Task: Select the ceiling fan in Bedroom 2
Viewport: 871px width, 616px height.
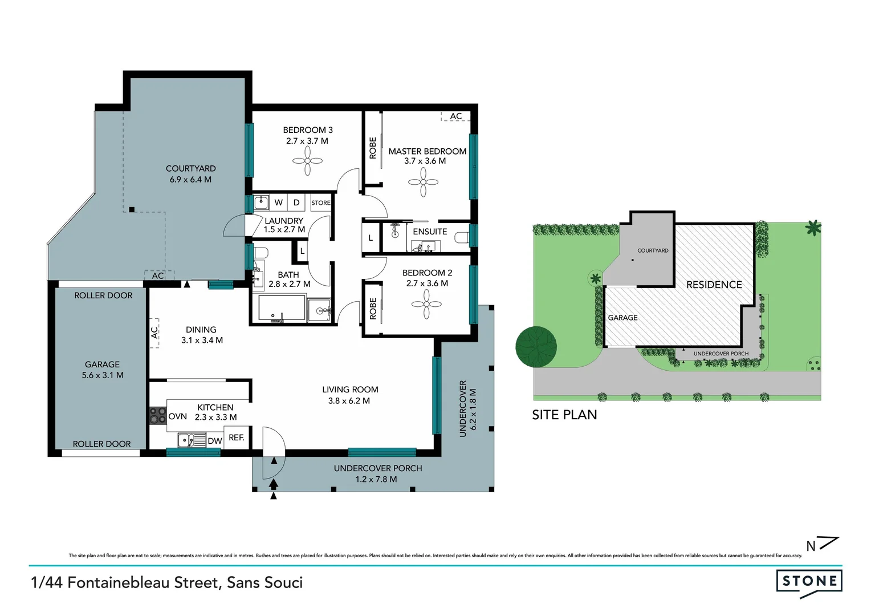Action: tap(426, 305)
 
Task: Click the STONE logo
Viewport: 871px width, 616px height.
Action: tap(809, 582)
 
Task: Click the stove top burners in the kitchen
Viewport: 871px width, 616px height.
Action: tap(158, 416)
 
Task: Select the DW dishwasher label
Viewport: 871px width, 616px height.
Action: tap(215, 441)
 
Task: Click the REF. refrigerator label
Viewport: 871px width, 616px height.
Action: tap(237, 437)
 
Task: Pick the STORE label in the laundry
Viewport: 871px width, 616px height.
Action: tap(321, 203)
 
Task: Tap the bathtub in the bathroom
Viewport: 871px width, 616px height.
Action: tap(282, 308)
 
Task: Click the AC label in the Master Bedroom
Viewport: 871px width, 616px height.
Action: tap(456, 116)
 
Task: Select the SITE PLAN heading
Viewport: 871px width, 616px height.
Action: tap(564, 415)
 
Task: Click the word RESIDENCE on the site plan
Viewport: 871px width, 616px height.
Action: tap(714, 285)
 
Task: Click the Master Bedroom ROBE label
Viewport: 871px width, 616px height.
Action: tap(373, 148)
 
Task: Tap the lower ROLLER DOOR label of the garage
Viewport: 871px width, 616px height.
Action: tap(101, 444)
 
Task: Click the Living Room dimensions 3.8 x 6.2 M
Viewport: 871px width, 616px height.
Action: tap(349, 401)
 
